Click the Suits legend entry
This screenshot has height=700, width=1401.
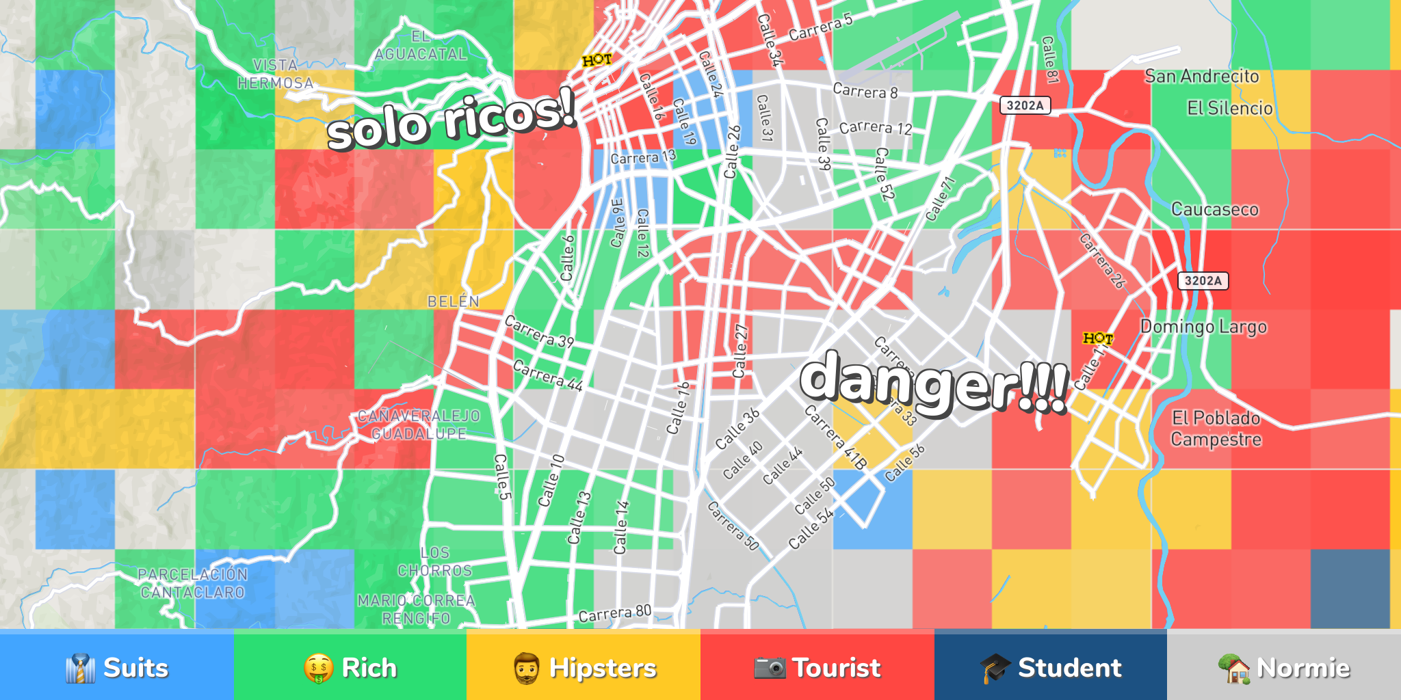click(x=116, y=667)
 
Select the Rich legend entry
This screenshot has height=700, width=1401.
click(x=350, y=667)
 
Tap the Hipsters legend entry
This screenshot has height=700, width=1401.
click(x=584, y=667)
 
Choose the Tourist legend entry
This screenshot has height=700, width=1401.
click(x=817, y=667)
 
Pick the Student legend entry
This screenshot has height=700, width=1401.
click(x=1050, y=667)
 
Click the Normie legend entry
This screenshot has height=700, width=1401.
click(x=1284, y=667)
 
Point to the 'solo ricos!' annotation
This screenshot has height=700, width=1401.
click(x=451, y=120)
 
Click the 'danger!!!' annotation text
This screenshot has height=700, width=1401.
click(x=934, y=383)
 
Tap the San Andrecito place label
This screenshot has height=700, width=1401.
click(x=1201, y=76)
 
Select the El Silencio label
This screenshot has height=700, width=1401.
click(x=1229, y=108)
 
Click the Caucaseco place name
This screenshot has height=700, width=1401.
click(x=1214, y=209)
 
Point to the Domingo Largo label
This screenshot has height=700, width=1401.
click(x=1203, y=327)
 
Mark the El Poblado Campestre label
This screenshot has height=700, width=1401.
click(x=1216, y=429)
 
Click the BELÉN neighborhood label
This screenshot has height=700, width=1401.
click(x=453, y=301)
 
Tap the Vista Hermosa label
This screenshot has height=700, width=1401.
click(x=275, y=74)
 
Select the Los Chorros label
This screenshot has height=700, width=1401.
click(x=435, y=561)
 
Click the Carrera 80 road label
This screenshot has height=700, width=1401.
click(x=614, y=614)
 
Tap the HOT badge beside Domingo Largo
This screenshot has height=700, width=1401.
click(x=1097, y=338)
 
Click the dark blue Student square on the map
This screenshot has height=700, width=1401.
click(x=1350, y=589)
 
